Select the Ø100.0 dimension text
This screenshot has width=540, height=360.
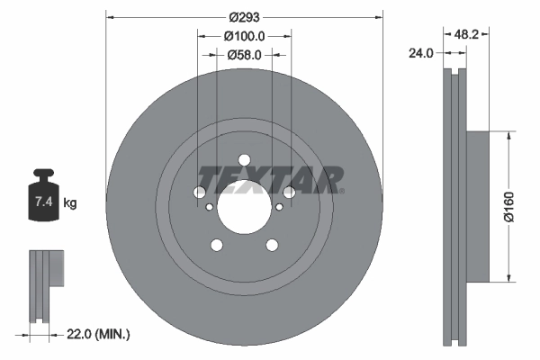[x=244, y=37]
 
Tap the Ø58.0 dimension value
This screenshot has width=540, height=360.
[x=244, y=56]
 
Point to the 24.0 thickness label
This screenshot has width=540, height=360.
[x=420, y=52]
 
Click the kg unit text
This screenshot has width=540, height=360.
[x=70, y=203]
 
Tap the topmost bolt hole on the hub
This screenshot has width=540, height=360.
[x=244, y=159]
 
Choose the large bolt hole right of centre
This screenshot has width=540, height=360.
[x=289, y=192]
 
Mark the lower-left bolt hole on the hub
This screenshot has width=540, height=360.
[x=216, y=244]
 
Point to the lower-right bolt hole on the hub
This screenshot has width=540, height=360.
[x=272, y=244]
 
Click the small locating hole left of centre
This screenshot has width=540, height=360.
[x=210, y=208]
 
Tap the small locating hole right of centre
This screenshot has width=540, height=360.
[x=279, y=208]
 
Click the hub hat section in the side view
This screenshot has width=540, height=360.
[x=473, y=205]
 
